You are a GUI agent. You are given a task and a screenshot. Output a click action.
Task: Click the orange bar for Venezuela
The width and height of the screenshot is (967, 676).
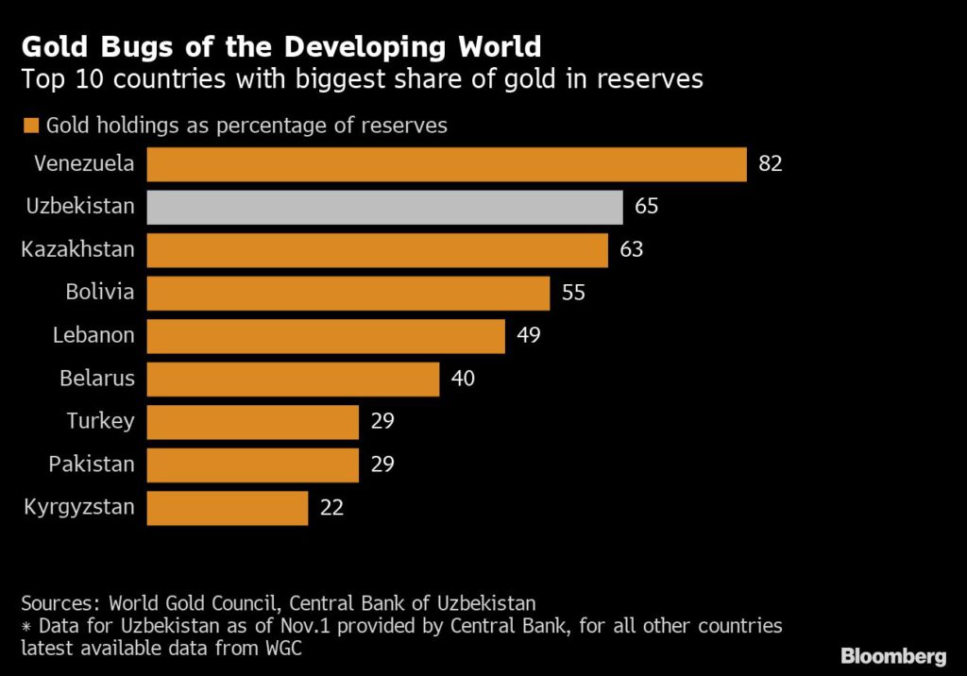(x=446, y=164)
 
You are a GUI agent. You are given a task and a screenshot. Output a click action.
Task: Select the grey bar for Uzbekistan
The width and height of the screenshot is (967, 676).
(x=384, y=207)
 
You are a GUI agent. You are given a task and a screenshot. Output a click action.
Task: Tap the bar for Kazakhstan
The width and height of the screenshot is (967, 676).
(x=377, y=250)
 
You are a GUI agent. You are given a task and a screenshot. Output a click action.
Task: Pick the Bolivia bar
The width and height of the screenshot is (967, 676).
(x=348, y=293)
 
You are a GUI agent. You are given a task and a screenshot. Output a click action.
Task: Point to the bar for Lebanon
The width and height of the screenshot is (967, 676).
(x=326, y=336)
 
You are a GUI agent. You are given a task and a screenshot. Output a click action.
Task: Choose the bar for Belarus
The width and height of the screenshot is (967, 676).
(x=293, y=380)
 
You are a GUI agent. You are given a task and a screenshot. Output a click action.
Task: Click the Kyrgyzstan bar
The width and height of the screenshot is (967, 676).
(x=227, y=508)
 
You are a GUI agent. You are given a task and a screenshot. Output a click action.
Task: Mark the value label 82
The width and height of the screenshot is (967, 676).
(x=772, y=164)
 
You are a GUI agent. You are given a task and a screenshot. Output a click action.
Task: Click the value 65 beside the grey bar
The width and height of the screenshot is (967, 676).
(x=647, y=207)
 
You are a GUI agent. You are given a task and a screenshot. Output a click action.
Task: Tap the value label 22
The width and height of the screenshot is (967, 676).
(x=331, y=508)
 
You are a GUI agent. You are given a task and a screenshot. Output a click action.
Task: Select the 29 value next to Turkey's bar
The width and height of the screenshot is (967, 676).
(x=382, y=422)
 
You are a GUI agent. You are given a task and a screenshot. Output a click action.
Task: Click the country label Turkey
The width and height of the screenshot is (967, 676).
(x=100, y=422)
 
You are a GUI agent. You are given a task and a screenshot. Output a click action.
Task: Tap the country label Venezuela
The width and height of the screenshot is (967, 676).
(x=84, y=164)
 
